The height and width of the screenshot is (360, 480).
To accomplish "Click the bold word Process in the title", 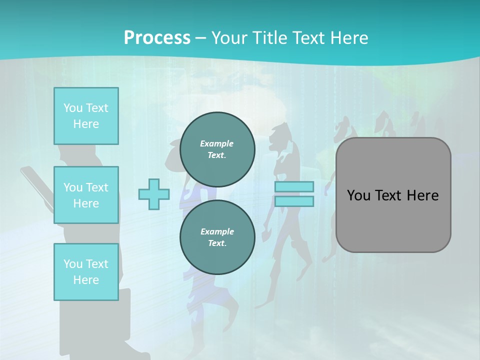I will [x=157, y=38].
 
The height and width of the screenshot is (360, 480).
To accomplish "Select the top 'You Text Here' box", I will [x=86, y=116].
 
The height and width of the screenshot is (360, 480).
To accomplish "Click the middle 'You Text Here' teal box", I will [x=86, y=195].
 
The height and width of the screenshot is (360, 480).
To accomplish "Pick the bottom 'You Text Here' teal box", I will [x=86, y=271].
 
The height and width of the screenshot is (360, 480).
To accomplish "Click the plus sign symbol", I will [x=153, y=194].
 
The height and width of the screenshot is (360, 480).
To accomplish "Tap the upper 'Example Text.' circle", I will [x=217, y=149].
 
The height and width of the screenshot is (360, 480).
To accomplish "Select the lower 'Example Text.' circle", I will [x=217, y=237].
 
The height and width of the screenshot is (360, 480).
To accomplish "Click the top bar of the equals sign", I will [x=294, y=186].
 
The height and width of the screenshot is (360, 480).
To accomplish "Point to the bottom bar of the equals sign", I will [x=294, y=201].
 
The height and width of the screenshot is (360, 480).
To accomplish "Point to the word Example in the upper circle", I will [x=216, y=143].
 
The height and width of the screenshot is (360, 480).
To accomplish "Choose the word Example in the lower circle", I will [x=217, y=231].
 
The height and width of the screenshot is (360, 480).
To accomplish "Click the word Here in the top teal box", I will [x=86, y=124].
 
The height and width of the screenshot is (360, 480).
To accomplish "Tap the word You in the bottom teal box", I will [x=73, y=263].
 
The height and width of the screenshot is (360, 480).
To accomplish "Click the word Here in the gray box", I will [x=423, y=195].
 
